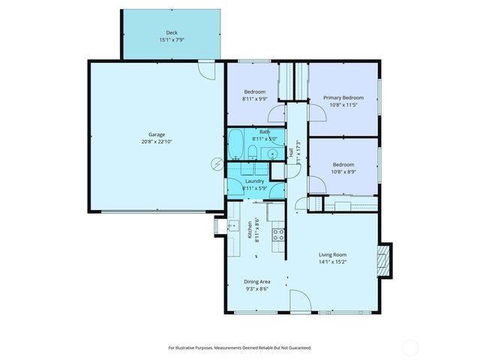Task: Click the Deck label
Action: coord(172,32)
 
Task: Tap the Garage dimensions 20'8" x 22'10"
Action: coord(157,142)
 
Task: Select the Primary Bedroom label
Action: coord(343,97)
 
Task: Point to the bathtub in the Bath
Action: coord(235,144)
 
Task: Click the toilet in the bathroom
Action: coord(253,153)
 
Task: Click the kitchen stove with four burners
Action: coord(277,233)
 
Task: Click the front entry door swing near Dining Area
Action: coord(299,301)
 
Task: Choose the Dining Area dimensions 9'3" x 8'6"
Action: coord(257,289)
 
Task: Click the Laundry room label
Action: coord(254,181)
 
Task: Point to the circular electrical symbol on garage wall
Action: coord(217,163)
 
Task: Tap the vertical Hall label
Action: coord(291,154)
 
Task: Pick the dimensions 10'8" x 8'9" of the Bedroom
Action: coord(343,171)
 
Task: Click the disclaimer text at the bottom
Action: coord(239,347)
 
